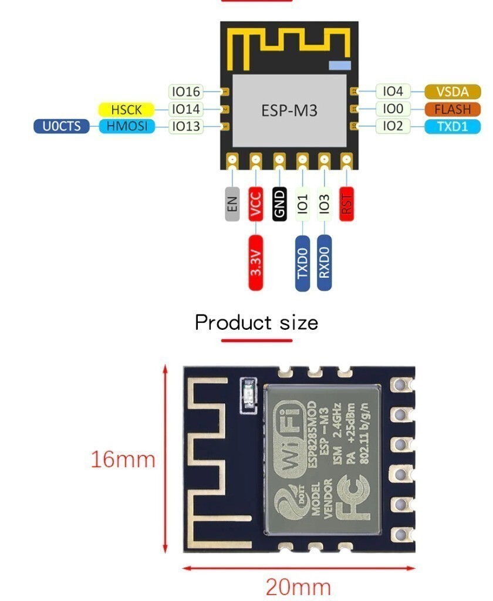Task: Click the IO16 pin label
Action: [185, 92]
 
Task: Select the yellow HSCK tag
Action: [126, 109]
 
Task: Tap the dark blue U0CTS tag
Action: [62, 126]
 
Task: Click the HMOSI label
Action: [127, 126]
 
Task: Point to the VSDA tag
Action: [453, 92]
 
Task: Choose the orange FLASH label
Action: [453, 109]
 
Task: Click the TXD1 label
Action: [453, 126]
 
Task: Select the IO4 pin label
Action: [393, 92]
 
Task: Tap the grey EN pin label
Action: [232, 204]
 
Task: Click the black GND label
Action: [279, 204]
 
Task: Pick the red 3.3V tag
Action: [256, 263]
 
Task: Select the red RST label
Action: [347, 204]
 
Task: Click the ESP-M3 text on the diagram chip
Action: [289, 110]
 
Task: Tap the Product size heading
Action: [256, 322]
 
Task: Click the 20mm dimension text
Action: [298, 586]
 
